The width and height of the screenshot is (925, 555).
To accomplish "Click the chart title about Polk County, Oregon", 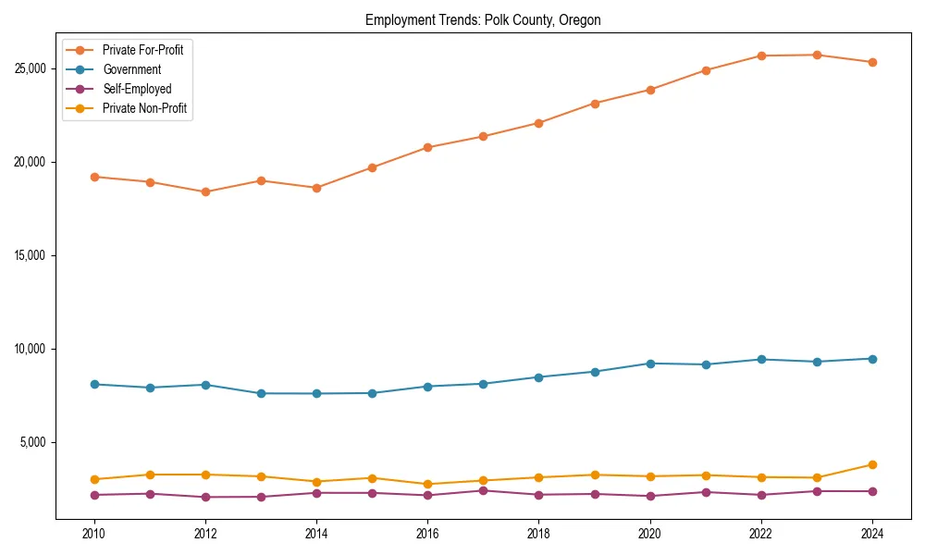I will [483, 20].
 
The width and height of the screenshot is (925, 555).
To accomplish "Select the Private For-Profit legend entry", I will [142, 50].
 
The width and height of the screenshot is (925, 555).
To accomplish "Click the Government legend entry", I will [131, 69].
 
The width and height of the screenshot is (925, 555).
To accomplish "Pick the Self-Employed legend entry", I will [137, 89].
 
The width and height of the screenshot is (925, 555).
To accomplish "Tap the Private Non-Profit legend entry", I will [144, 108].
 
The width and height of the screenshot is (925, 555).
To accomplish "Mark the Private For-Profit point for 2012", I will [205, 192].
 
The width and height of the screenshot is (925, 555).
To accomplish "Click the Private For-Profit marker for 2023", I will [817, 55].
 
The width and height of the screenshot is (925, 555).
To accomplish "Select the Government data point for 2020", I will [650, 364].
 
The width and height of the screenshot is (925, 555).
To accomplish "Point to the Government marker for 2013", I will [261, 393].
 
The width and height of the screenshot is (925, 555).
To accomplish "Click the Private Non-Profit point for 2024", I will [872, 464].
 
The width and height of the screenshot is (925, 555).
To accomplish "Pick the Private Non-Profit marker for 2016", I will [427, 484].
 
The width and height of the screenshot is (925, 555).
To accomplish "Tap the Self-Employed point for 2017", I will [483, 490].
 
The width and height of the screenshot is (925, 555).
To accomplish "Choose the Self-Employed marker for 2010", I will [94, 495].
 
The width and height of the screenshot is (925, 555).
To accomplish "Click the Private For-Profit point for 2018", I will [539, 123].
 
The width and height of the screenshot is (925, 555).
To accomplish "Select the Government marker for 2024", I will [872, 359].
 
